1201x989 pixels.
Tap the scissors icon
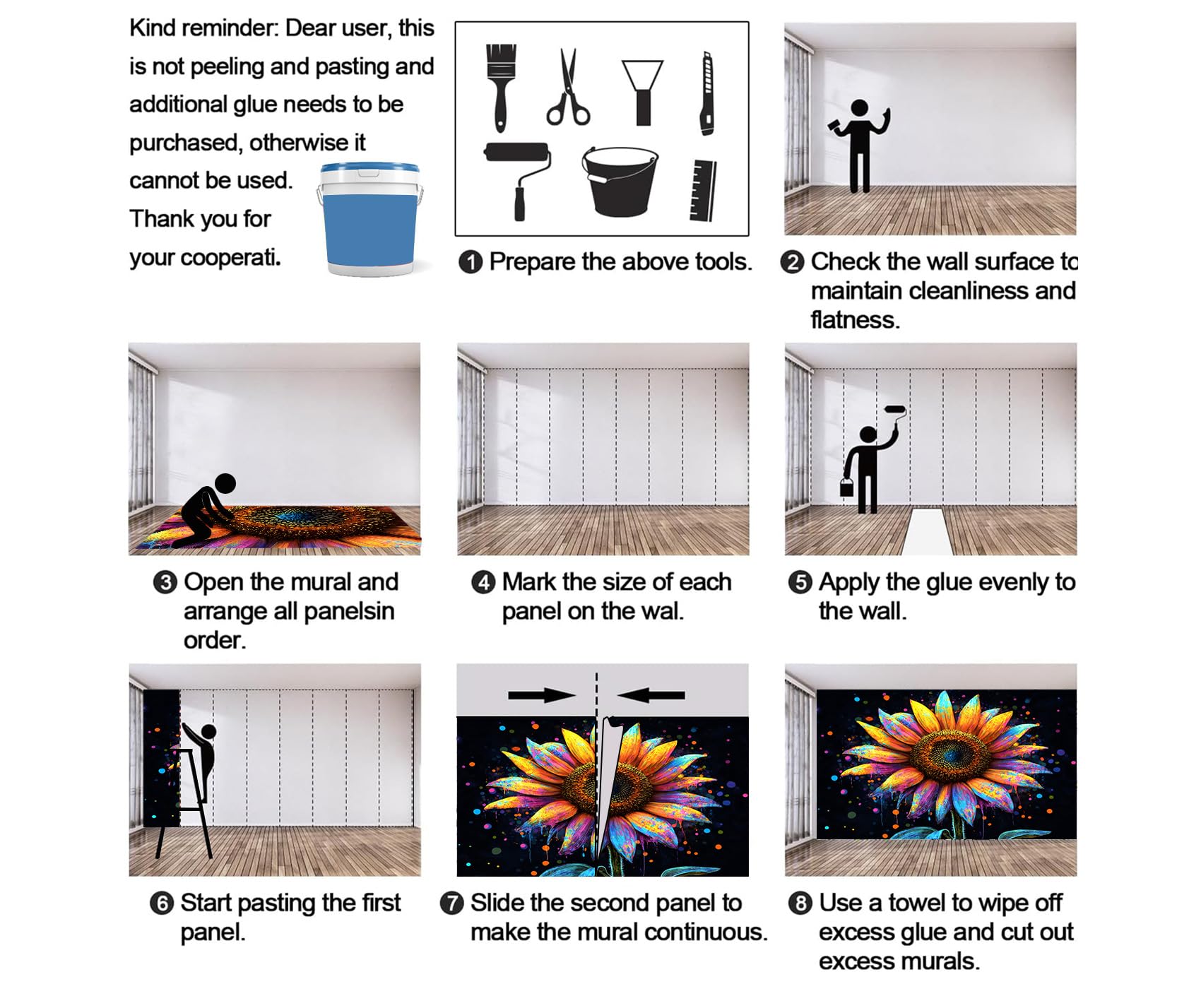(x=567, y=88)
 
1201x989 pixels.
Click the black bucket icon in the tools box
(x=620, y=181)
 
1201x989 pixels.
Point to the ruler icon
(x=703, y=190)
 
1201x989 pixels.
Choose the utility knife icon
(x=706, y=93)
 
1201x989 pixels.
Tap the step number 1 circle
(x=471, y=262)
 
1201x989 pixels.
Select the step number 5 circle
(x=800, y=583)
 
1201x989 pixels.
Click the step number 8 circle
(x=800, y=904)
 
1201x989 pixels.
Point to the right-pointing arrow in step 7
(x=542, y=696)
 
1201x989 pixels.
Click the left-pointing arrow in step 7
(x=651, y=696)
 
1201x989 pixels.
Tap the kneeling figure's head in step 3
(x=225, y=484)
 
